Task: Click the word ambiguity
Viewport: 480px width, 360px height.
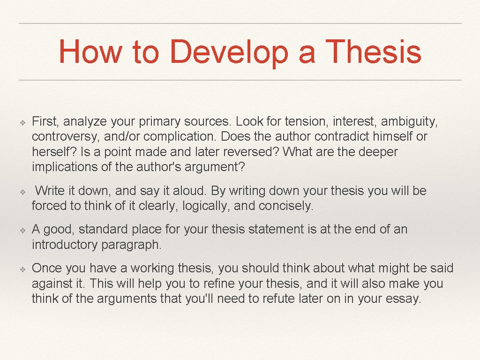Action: (x=409, y=122)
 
